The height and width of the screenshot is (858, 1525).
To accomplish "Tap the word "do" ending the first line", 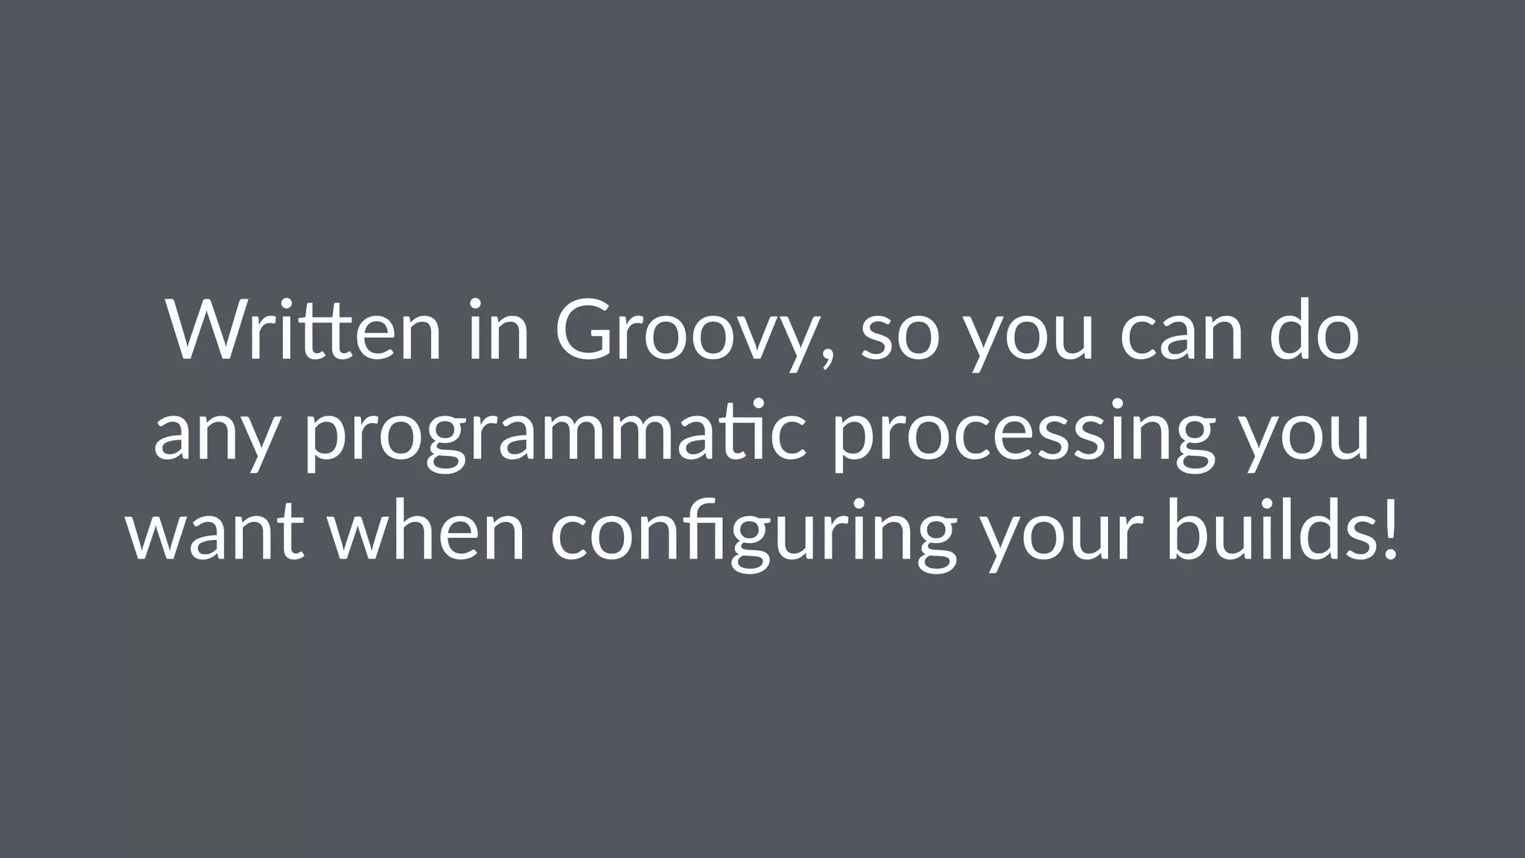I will [x=1315, y=330].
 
